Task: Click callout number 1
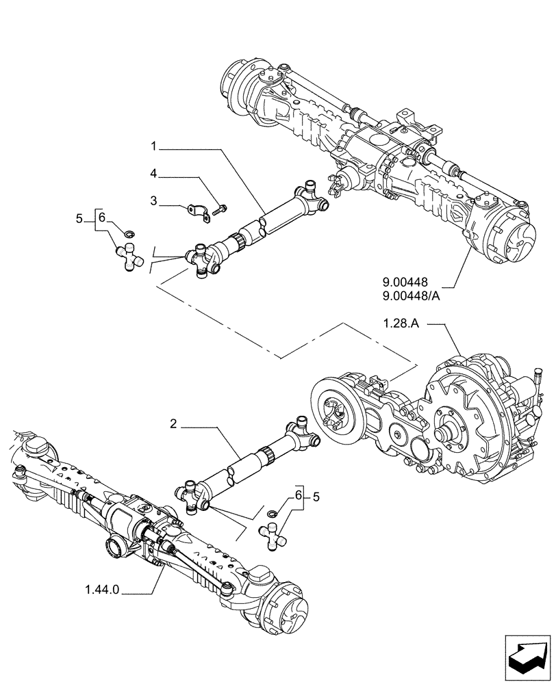click(x=155, y=146)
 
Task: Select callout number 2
click(x=174, y=425)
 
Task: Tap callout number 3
click(x=155, y=202)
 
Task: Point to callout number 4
click(x=155, y=174)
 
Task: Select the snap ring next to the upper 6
click(x=121, y=228)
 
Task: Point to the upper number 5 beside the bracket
click(x=81, y=219)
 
